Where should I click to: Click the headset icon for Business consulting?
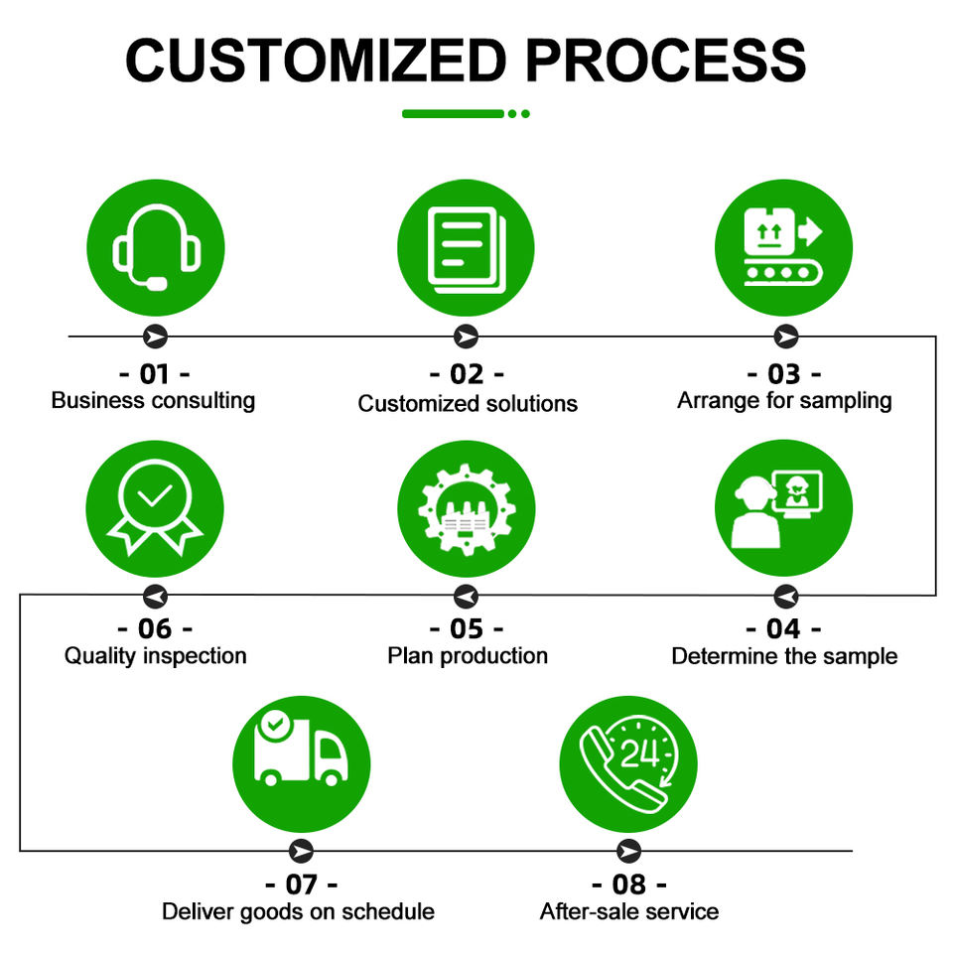(156, 247)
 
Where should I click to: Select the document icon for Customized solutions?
(466, 247)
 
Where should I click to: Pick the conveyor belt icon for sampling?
(783, 247)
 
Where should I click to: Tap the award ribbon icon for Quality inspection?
(156, 509)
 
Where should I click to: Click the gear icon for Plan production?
(466, 509)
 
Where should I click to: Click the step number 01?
(155, 374)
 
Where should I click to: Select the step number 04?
(783, 629)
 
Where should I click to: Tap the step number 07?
(301, 884)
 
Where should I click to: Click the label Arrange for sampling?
(784, 401)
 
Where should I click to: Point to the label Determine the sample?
(784, 656)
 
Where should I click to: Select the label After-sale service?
(629, 911)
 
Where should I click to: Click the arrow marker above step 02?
(466, 337)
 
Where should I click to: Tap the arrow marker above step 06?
(155, 596)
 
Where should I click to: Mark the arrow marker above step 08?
(628, 851)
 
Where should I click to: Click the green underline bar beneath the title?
(454, 114)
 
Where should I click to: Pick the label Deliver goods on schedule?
(299, 911)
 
